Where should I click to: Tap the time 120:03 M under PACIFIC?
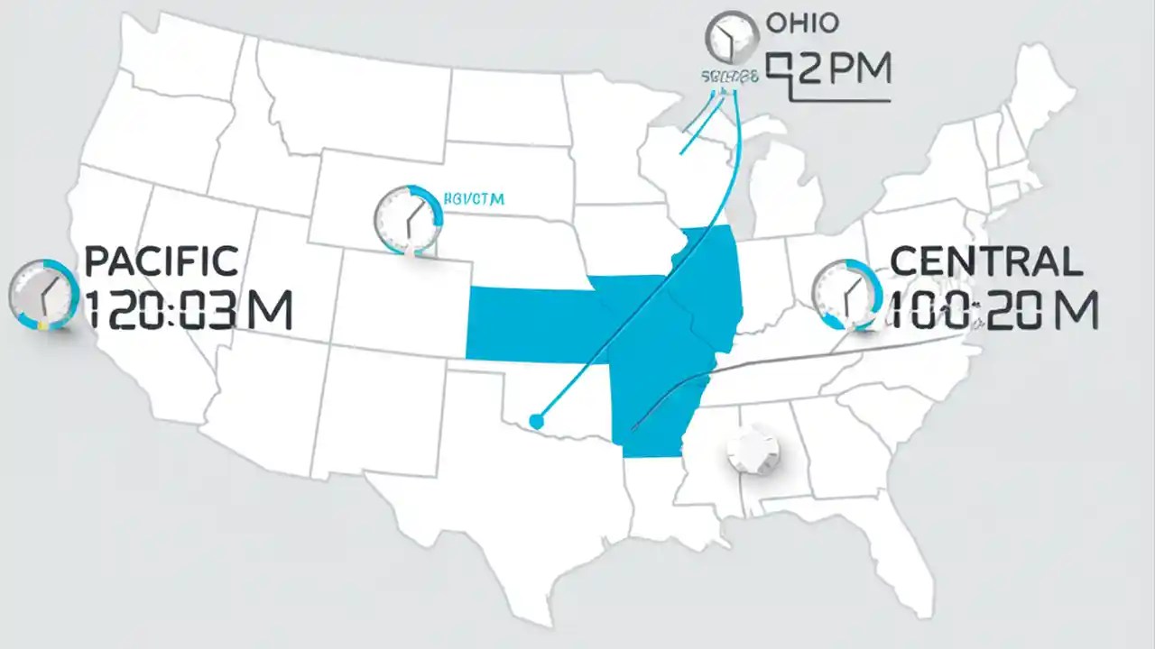point(188,310)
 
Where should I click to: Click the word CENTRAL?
point(986,261)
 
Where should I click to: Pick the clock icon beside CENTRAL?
point(847,294)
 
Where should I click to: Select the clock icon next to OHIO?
point(730,38)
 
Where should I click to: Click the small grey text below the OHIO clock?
point(728,78)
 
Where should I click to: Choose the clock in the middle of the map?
point(408,217)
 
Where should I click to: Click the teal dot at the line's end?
point(537,420)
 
